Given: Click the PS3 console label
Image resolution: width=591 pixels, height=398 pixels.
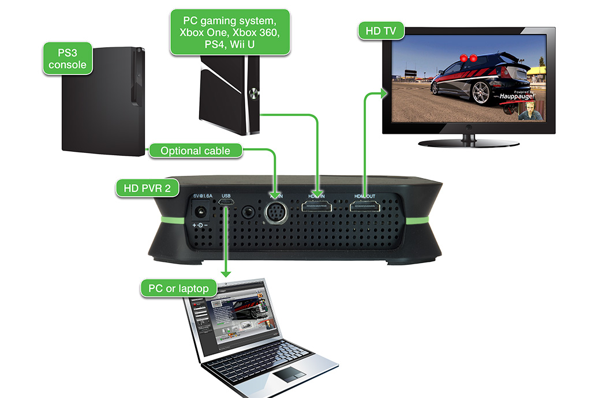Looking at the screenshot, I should click(68, 58).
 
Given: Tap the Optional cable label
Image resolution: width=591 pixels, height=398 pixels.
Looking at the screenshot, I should click(195, 151).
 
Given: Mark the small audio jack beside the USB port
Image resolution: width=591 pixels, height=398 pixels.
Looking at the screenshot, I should click(249, 211).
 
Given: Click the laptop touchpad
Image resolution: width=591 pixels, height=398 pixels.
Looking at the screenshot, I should click(288, 375).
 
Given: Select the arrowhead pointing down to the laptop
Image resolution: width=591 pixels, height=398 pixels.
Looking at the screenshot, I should click(226, 272).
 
